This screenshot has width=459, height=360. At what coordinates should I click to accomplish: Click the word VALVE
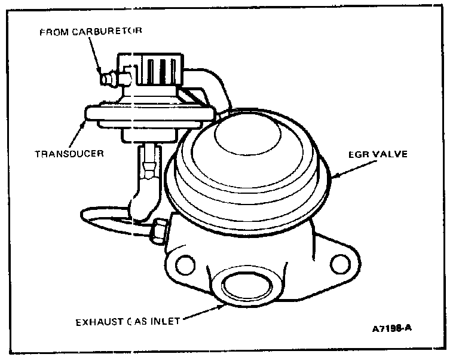coord(388,154)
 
